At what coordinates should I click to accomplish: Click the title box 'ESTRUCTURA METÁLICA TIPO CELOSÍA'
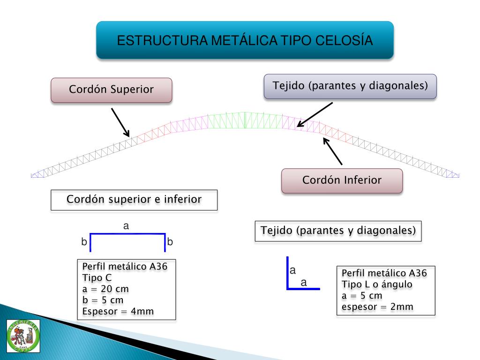245,40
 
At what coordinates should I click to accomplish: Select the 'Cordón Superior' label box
111,90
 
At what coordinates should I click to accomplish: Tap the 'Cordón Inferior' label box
342,180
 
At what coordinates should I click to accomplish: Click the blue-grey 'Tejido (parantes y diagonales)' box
350,86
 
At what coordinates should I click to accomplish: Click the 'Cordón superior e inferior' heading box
134,200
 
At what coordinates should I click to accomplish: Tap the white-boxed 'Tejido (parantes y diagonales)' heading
338,231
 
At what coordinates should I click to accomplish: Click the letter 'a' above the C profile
126,226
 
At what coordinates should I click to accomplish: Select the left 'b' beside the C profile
83,242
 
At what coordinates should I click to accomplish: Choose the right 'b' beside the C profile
170,242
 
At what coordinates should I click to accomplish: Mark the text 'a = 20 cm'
105,288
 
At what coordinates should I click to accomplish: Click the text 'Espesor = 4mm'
118,311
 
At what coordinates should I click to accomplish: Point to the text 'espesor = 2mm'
377,307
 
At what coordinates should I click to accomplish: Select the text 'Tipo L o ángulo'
379,285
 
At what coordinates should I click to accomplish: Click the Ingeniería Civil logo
23,335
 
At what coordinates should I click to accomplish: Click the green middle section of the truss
245,120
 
